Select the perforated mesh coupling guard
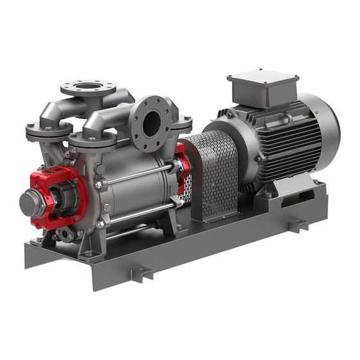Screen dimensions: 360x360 point(215,174)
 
